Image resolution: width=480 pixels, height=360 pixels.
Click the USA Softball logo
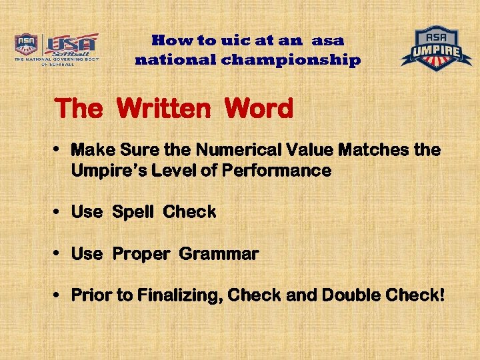pyautogui.click(x=57, y=48)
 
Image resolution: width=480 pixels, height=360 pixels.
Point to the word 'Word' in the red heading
pyautogui.click(x=259, y=109)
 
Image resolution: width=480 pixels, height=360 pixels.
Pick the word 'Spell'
pyautogui.click(x=133, y=213)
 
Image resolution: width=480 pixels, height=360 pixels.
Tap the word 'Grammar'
pyautogui.click(x=219, y=254)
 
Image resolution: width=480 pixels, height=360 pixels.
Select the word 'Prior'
pyautogui.click(x=91, y=295)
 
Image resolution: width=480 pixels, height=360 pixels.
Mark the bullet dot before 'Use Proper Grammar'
pyautogui.click(x=59, y=254)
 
